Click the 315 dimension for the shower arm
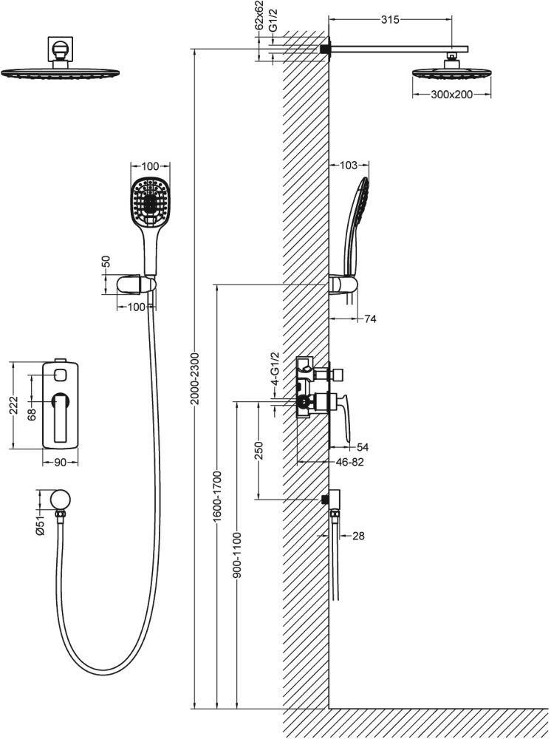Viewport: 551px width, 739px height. pyautogui.click(x=389, y=20)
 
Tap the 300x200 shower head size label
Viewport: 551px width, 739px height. pyautogui.click(x=451, y=95)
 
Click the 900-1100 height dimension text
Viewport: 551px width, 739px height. pyautogui.click(x=237, y=554)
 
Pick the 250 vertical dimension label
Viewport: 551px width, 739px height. pyautogui.click(x=259, y=450)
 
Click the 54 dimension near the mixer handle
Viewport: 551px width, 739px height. pyautogui.click(x=362, y=447)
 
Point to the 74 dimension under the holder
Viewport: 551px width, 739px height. pyautogui.click(x=371, y=319)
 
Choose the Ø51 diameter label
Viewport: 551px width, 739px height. pyautogui.click(x=41, y=525)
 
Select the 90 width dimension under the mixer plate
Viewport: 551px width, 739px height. pyautogui.click(x=60, y=463)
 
